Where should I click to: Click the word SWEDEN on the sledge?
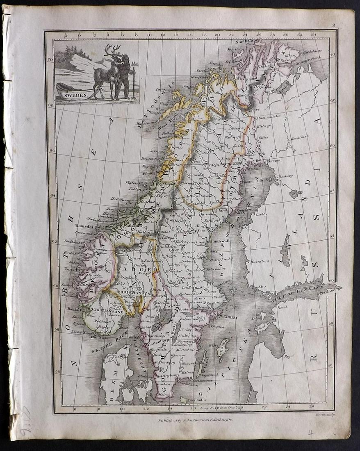tap(77, 95)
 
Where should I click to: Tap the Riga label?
tap(289, 356)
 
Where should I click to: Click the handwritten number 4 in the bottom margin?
tap(312, 433)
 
